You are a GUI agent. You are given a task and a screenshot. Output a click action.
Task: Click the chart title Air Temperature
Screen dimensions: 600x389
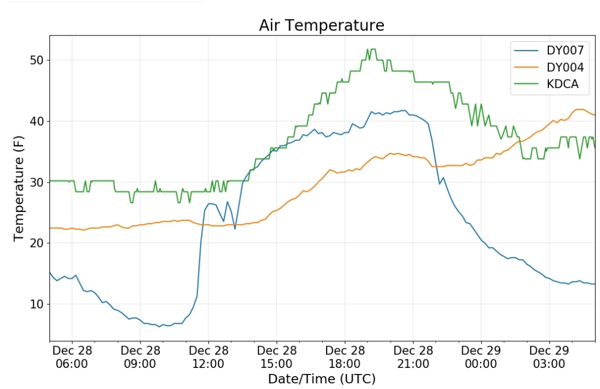(x=322, y=26)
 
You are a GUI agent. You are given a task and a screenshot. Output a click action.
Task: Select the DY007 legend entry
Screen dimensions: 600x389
(x=549, y=50)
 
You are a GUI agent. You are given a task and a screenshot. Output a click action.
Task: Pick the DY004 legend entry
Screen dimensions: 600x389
(x=549, y=67)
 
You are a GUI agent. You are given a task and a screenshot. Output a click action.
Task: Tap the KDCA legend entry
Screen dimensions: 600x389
(x=547, y=84)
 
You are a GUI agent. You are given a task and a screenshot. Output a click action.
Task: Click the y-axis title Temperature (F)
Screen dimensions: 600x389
(x=19, y=188)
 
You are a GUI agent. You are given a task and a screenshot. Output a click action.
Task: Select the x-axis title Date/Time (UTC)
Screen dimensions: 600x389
(x=322, y=379)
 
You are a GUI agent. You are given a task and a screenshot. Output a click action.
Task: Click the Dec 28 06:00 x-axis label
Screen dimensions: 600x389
(x=72, y=357)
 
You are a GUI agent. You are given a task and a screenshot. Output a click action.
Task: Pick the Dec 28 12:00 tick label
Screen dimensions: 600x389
(x=208, y=357)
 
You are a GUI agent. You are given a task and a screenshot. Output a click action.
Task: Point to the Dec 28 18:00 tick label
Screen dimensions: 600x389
(x=345, y=357)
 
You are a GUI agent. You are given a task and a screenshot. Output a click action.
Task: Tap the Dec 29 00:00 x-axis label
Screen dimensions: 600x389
(x=481, y=357)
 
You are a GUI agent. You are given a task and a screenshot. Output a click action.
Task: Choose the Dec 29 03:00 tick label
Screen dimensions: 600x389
(x=549, y=357)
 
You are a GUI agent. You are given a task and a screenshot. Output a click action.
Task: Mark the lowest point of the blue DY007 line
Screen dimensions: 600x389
(x=159, y=327)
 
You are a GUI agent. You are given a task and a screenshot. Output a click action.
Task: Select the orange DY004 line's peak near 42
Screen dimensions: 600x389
(x=580, y=110)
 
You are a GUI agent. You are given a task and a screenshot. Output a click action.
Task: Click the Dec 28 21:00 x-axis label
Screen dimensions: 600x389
(x=413, y=357)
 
